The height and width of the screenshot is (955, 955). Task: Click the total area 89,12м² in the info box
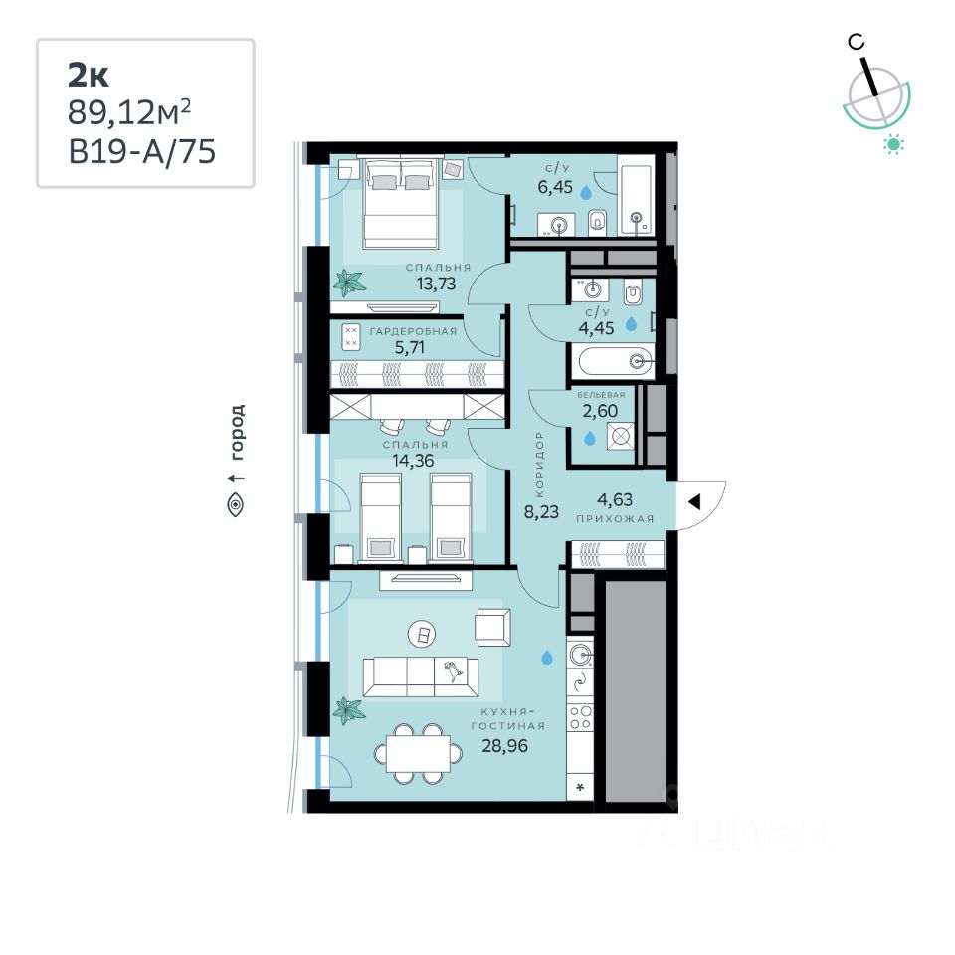[x=129, y=112]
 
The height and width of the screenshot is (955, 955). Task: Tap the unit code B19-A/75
[x=142, y=151]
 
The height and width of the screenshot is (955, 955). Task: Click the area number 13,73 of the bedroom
[x=436, y=284]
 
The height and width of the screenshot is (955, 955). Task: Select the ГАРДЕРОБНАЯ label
[x=413, y=332]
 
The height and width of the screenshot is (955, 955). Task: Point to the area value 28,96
[x=505, y=745]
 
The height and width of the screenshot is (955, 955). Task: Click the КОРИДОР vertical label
[x=539, y=465]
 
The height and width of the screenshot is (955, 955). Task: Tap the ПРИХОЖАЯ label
[x=615, y=519]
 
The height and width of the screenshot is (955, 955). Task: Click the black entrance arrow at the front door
[x=694, y=502]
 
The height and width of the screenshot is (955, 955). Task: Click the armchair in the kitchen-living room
[x=493, y=627]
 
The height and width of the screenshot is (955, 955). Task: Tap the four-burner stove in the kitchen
[x=580, y=717]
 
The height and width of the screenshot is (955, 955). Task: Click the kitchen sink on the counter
[x=580, y=655]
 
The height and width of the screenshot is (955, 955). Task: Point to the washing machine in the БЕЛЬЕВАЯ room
[x=621, y=436]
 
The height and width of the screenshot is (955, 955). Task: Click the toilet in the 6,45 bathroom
[x=598, y=222]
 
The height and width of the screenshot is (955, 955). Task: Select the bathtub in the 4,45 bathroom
[x=617, y=362]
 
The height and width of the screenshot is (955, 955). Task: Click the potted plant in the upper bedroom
[x=349, y=283]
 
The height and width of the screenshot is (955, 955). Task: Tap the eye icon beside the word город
[x=236, y=504]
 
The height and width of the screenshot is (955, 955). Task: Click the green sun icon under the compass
[x=893, y=144]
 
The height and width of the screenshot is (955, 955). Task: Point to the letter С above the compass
[x=857, y=42]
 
